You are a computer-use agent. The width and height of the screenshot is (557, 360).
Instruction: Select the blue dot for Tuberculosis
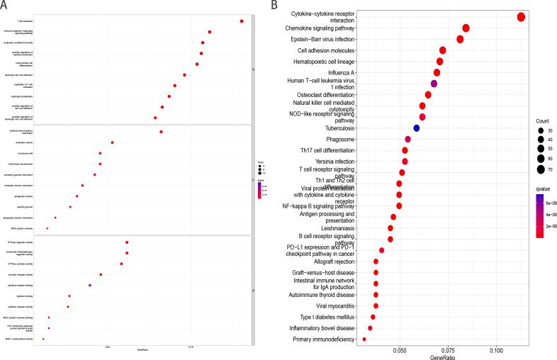[417, 128]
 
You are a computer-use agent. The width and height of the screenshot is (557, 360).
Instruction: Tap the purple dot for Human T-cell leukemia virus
[434, 84]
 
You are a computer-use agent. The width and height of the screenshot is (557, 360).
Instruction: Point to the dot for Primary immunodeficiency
[364, 339]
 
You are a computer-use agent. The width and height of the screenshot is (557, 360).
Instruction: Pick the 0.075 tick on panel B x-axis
[448, 349]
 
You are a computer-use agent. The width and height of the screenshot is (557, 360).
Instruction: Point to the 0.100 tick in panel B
[496, 349]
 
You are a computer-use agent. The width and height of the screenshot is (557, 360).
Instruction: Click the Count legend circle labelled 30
[541, 131]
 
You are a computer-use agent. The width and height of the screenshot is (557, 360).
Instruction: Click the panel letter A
[5, 6]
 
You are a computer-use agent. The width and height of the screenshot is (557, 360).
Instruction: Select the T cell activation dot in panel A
[242, 21]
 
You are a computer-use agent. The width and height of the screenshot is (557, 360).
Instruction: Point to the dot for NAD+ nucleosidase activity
[43, 339]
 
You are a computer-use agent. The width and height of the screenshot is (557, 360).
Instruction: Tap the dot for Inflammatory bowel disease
[370, 328]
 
